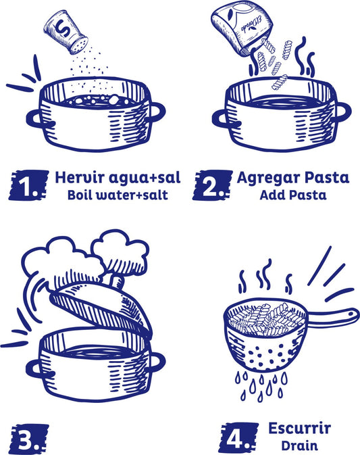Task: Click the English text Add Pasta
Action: pos(293,195)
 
